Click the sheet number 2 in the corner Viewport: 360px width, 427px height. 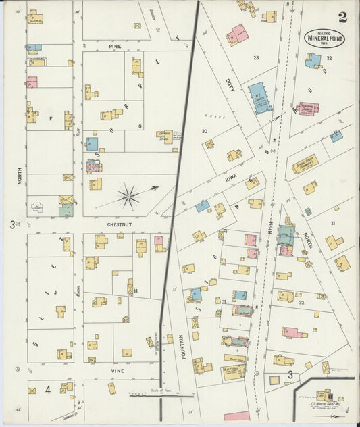pyautogui.click(x=343, y=17)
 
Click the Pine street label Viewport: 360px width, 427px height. pyautogui.click(x=114, y=46)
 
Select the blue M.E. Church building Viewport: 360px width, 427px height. pyautogui.click(x=259, y=97)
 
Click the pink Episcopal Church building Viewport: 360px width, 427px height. pyautogui.click(x=308, y=109)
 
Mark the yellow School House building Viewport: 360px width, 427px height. pyautogui.click(x=305, y=164)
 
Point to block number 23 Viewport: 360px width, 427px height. pyautogui.click(x=256, y=58)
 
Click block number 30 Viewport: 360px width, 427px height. pyautogui.click(x=203, y=131)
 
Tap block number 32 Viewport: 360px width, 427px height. pyautogui.click(x=301, y=303)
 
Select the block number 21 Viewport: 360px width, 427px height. pyautogui.click(x=332, y=222)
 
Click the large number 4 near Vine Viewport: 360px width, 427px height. pyautogui.click(x=48, y=390)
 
